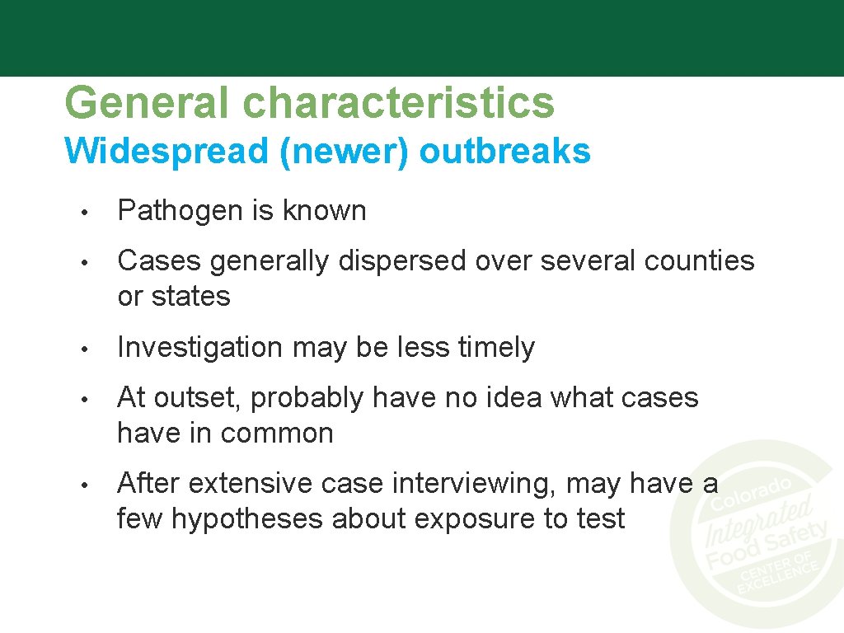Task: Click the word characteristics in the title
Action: pyautogui.click(x=399, y=104)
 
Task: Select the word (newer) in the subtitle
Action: pyautogui.click(x=344, y=152)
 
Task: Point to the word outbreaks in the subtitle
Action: pyautogui.click(x=504, y=152)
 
